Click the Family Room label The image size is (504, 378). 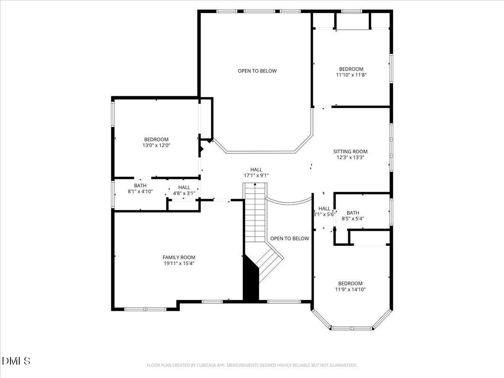click(x=179, y=257)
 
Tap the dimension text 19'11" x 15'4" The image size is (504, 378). click(x=179, y=264)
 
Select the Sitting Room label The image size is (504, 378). click(x=350, y=152)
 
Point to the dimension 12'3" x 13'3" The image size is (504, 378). click(x=350, y=158)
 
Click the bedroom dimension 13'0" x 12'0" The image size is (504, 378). click(x=156, y=145)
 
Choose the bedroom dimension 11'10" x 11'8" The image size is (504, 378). click(x=351, y=75)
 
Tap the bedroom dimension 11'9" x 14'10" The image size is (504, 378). click(x=350, y=289)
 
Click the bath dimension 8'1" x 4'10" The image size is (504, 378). click(x=140, y=192)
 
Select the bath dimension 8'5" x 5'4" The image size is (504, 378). click(x=353, y=219)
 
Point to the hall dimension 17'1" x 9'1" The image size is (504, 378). click(x=256, y=176)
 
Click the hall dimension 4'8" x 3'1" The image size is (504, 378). click(x=184, y=194)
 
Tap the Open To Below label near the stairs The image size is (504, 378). click(x=289, y=239)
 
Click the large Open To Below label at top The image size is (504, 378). click(x=257, y=71)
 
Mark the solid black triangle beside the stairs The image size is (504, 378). click(x=251, y=281)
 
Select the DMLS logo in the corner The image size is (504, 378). click(x=16, y=360)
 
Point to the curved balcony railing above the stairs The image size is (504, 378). click(x=288, y=202)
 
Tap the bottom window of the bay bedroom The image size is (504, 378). click(x=352, y=328)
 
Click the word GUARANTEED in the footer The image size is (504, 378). click(x=343, y=365)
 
